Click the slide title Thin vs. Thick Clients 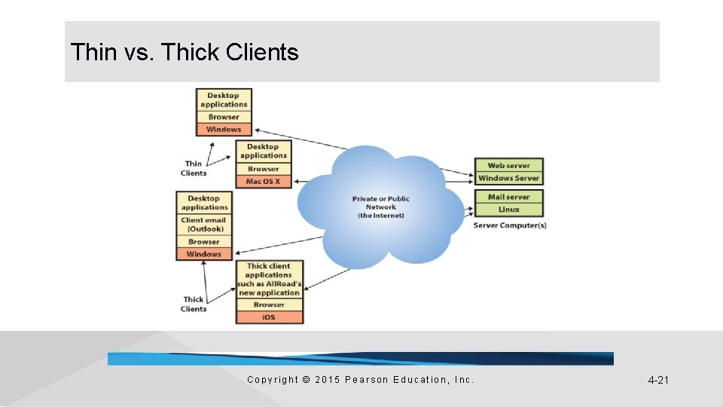tap(185, 53)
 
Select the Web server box tap(508, 166)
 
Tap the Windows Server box tap(508, 179)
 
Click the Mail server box tap(508, 197)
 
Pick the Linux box tap(508, 210)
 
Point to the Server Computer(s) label tap(510, 225)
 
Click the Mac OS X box tap(263, 182)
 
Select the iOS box tap(269, 317)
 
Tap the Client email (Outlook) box tap(203, 225)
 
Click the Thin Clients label tap(194, 168)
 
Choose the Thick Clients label tap(194, 304)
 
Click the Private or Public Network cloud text tap(381, 207)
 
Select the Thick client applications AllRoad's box tap(269, 280)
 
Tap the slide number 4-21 tap(658, 380)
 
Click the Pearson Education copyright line tap(361, 380)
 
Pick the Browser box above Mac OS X tap(263, 170)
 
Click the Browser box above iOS tap(269, 305)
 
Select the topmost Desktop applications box tap(224, 100)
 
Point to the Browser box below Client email tap(203, 242)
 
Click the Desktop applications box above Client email tap(203, 203)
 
